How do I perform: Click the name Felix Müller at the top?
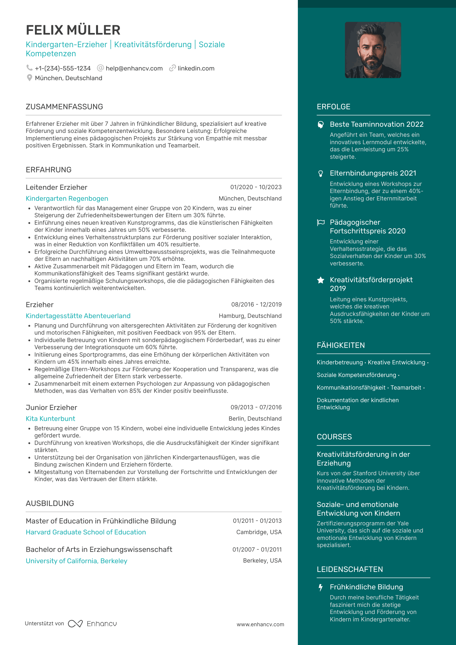(x=73, y=30)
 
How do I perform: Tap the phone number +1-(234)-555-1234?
(x=63, y=68)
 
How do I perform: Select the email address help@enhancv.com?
(x=134, y=68)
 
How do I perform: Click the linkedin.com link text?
(x=196, y=68)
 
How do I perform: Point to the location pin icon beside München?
(x=29, y=78)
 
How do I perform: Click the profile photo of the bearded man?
(x=373, y=50)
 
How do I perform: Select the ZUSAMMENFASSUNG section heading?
(x=64, y=107)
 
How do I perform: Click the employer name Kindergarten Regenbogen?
(x=67, y=199)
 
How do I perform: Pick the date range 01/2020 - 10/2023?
(x=256, y=187)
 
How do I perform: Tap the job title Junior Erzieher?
(x=51, y=407)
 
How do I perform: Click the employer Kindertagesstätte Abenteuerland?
(x=78, y=316)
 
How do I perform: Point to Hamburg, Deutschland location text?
(x=250, y=316)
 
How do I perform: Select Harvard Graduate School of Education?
(x=86, y=532)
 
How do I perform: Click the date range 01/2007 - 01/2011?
(x=257, y=550)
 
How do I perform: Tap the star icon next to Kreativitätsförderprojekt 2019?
(x=320, y=280)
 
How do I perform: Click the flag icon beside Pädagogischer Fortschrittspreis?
(x=320, y=222)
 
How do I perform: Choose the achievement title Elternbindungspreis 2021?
(x=373, y=173)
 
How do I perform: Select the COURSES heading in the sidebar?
(x=334, y=437)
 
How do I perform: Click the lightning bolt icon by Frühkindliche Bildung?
(x=320, y=587)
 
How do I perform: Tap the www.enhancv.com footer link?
(x=260, y=624)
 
